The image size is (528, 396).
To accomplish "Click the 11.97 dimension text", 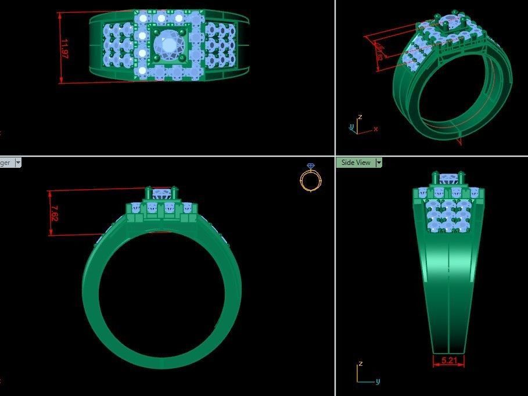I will [x=65, y=48].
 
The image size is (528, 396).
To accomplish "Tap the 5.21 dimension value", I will [x=448, y=361].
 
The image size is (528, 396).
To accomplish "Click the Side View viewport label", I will [x=355, y=163].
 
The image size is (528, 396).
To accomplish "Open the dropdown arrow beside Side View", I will [x=379, y=163].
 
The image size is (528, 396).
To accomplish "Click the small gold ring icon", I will [x=310, y=178].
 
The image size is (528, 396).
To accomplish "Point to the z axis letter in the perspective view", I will [x=360, y=117].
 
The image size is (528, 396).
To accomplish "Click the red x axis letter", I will [x=376, y=129].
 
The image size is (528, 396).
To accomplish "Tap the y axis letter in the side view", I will [x=378, y=381].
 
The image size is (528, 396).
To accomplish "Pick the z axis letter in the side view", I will [x=360, y=363].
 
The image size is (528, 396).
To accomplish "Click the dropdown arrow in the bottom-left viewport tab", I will [x=17, y=163].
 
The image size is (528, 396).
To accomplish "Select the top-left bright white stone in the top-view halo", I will [x=142, y=19].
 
